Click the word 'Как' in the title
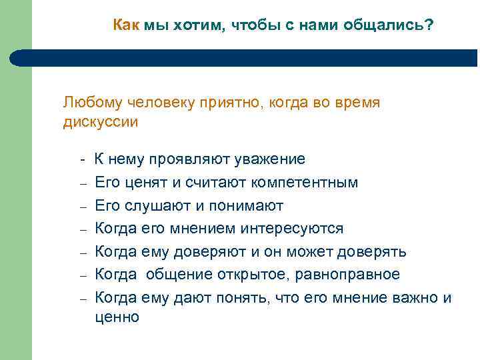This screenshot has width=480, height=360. click(x=126, y=25)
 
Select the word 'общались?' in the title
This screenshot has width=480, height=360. click(x=397, y=25)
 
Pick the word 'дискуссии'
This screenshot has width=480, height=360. click(x=100, y=122)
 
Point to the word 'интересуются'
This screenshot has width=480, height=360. click(x=296, y=229)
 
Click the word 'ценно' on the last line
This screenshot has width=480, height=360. click(x=117, y=317)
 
